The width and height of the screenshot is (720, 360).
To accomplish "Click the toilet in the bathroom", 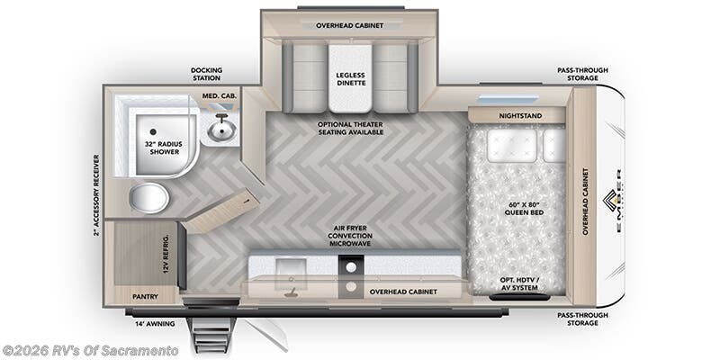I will [148, 197].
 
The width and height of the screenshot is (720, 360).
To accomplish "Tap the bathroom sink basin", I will [220, 131].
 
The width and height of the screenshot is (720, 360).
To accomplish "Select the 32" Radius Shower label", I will [163, 148].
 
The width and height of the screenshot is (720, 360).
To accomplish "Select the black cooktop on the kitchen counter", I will [350, 267].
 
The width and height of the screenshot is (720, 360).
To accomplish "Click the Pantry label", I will [145, 295].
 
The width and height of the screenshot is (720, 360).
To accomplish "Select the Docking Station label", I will [207, 74].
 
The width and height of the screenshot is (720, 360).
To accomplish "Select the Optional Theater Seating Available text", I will [350, 127].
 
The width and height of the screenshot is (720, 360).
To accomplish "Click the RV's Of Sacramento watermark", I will [91, 350].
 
